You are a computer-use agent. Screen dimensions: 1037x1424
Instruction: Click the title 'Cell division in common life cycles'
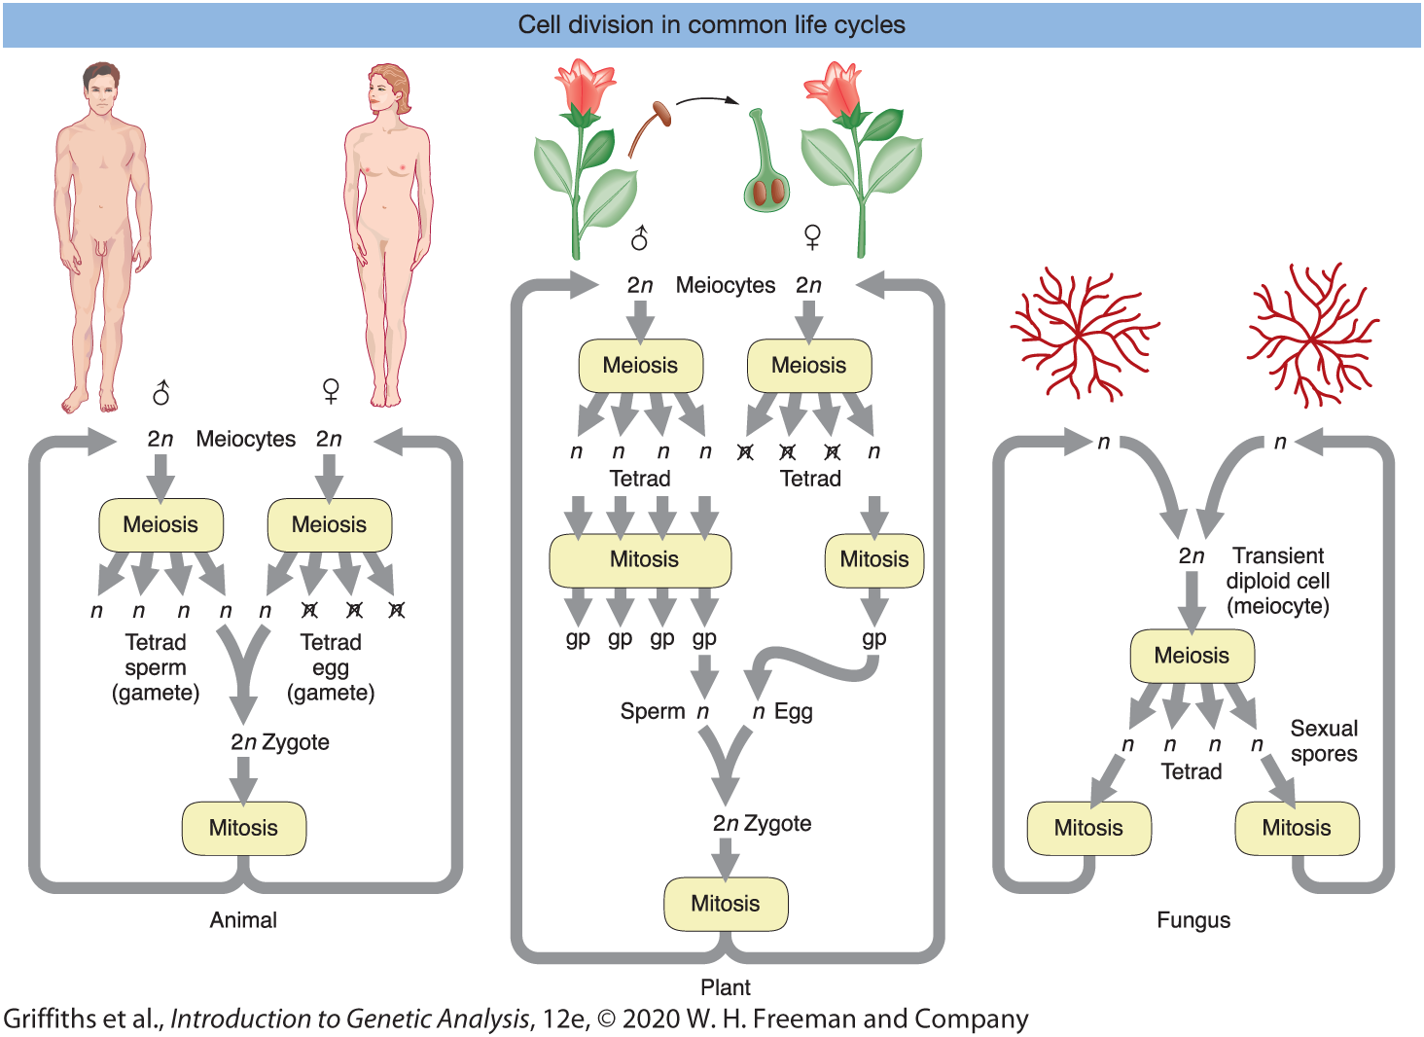coord(711,25)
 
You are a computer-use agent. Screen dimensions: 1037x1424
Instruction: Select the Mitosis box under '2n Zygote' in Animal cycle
coord(244,828)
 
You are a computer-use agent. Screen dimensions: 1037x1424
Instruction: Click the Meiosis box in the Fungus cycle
coord(1192,656)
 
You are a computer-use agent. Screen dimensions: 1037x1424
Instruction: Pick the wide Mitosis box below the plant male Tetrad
coord(640,559)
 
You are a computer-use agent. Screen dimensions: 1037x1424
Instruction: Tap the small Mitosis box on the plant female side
coord(873,559)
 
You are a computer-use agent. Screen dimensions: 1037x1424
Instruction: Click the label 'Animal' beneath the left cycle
coord(243,920)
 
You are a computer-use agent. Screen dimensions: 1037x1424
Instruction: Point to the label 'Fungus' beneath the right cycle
coord(1193,920)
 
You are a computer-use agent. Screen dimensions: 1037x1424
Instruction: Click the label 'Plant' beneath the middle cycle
coord(726,987)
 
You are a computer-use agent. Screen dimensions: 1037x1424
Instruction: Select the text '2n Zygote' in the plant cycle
coord(762,824)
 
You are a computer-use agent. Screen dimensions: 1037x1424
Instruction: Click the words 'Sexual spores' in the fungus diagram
coord(1324,741)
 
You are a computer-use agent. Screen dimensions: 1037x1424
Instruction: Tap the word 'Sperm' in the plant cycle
coord(653,712)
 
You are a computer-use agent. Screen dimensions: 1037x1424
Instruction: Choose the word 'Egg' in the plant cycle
coord(794,712)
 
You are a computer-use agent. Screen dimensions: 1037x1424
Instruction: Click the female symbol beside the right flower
coord(812,236)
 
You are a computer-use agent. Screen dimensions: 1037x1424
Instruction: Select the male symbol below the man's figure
coord(161,393)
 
